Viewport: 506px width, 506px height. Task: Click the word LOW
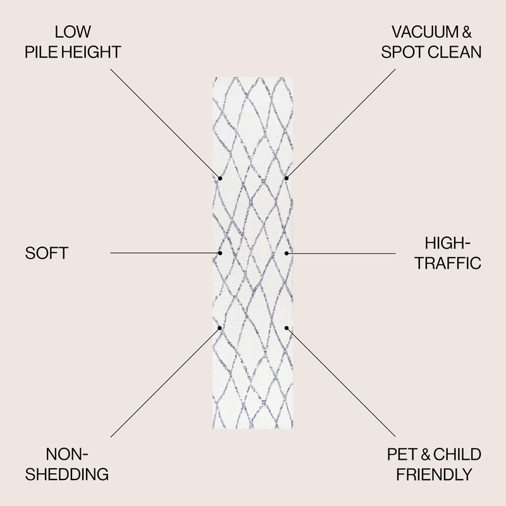click(x=73, y=32)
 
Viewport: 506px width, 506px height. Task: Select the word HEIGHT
click(x=91, y=52)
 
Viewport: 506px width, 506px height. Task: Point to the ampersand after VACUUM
click(x=467, y=32)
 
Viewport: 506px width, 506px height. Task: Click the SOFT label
click(x=46, y=253)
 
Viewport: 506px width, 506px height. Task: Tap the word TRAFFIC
click(x=448, y=263)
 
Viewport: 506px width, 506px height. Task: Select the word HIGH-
click(x=448, y=243)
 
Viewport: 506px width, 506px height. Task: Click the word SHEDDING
click(x=67, y=474)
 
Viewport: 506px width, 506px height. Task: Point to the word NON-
click(x=67, y=454)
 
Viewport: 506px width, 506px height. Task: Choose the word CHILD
click(x=457, y=454)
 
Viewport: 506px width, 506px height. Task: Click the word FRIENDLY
click(x=434, y=474)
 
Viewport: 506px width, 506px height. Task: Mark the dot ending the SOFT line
click(x=220, y=253)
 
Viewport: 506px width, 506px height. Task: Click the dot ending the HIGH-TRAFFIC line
click(x=287, y=254)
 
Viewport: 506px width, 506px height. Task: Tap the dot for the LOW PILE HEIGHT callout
click(x=220, y=178)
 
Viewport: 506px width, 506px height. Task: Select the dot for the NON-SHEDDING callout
click(x=219, y=328)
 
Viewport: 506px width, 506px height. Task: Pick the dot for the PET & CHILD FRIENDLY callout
click(x=287, y=328)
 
